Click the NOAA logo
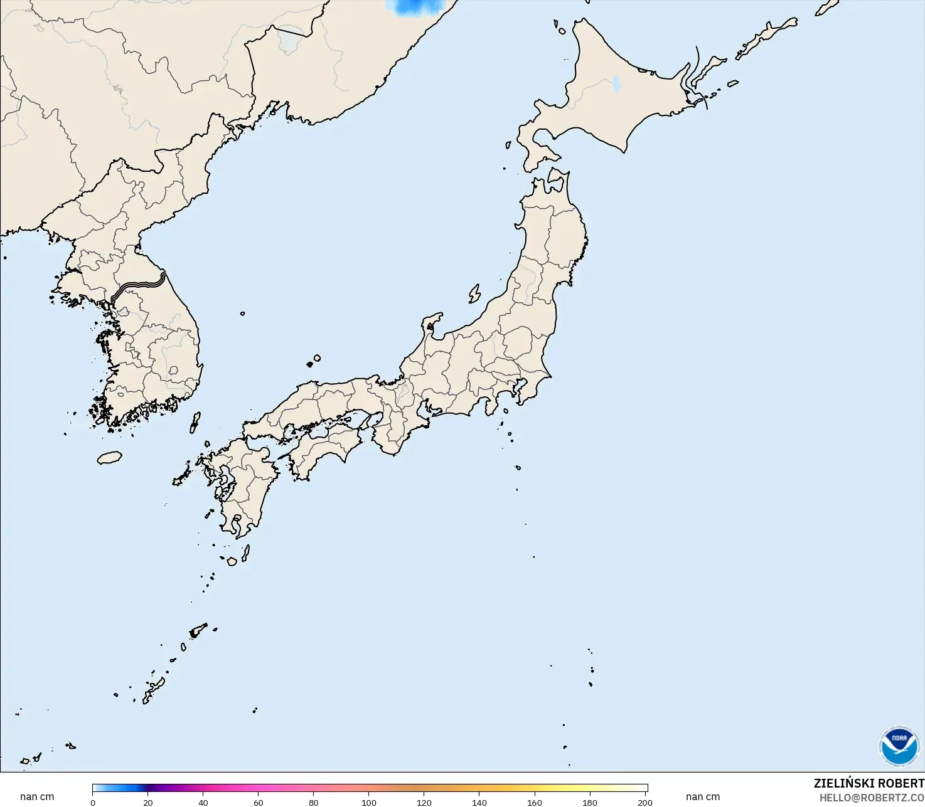click(899, 746)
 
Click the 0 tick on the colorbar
click(93, 802)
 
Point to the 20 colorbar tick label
click(148, 802)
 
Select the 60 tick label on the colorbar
click(259, 802)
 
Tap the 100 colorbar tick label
click(369, 802)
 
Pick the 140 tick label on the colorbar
click(479, 802)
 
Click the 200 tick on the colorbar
click(645, 802)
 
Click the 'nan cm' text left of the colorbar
click(37, 797)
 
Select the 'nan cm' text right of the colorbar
click(703, 797)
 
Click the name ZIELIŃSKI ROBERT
click(869, 783)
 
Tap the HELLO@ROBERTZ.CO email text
click(872, 798)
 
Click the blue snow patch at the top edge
click(417, 6)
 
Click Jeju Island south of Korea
click(110, 458)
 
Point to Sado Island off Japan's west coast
click(474, 293)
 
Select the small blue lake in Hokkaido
click(616, 85)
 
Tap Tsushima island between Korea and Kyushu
click(195, 422)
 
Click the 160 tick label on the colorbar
click(535, 802)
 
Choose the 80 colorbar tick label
click(314, 802)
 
